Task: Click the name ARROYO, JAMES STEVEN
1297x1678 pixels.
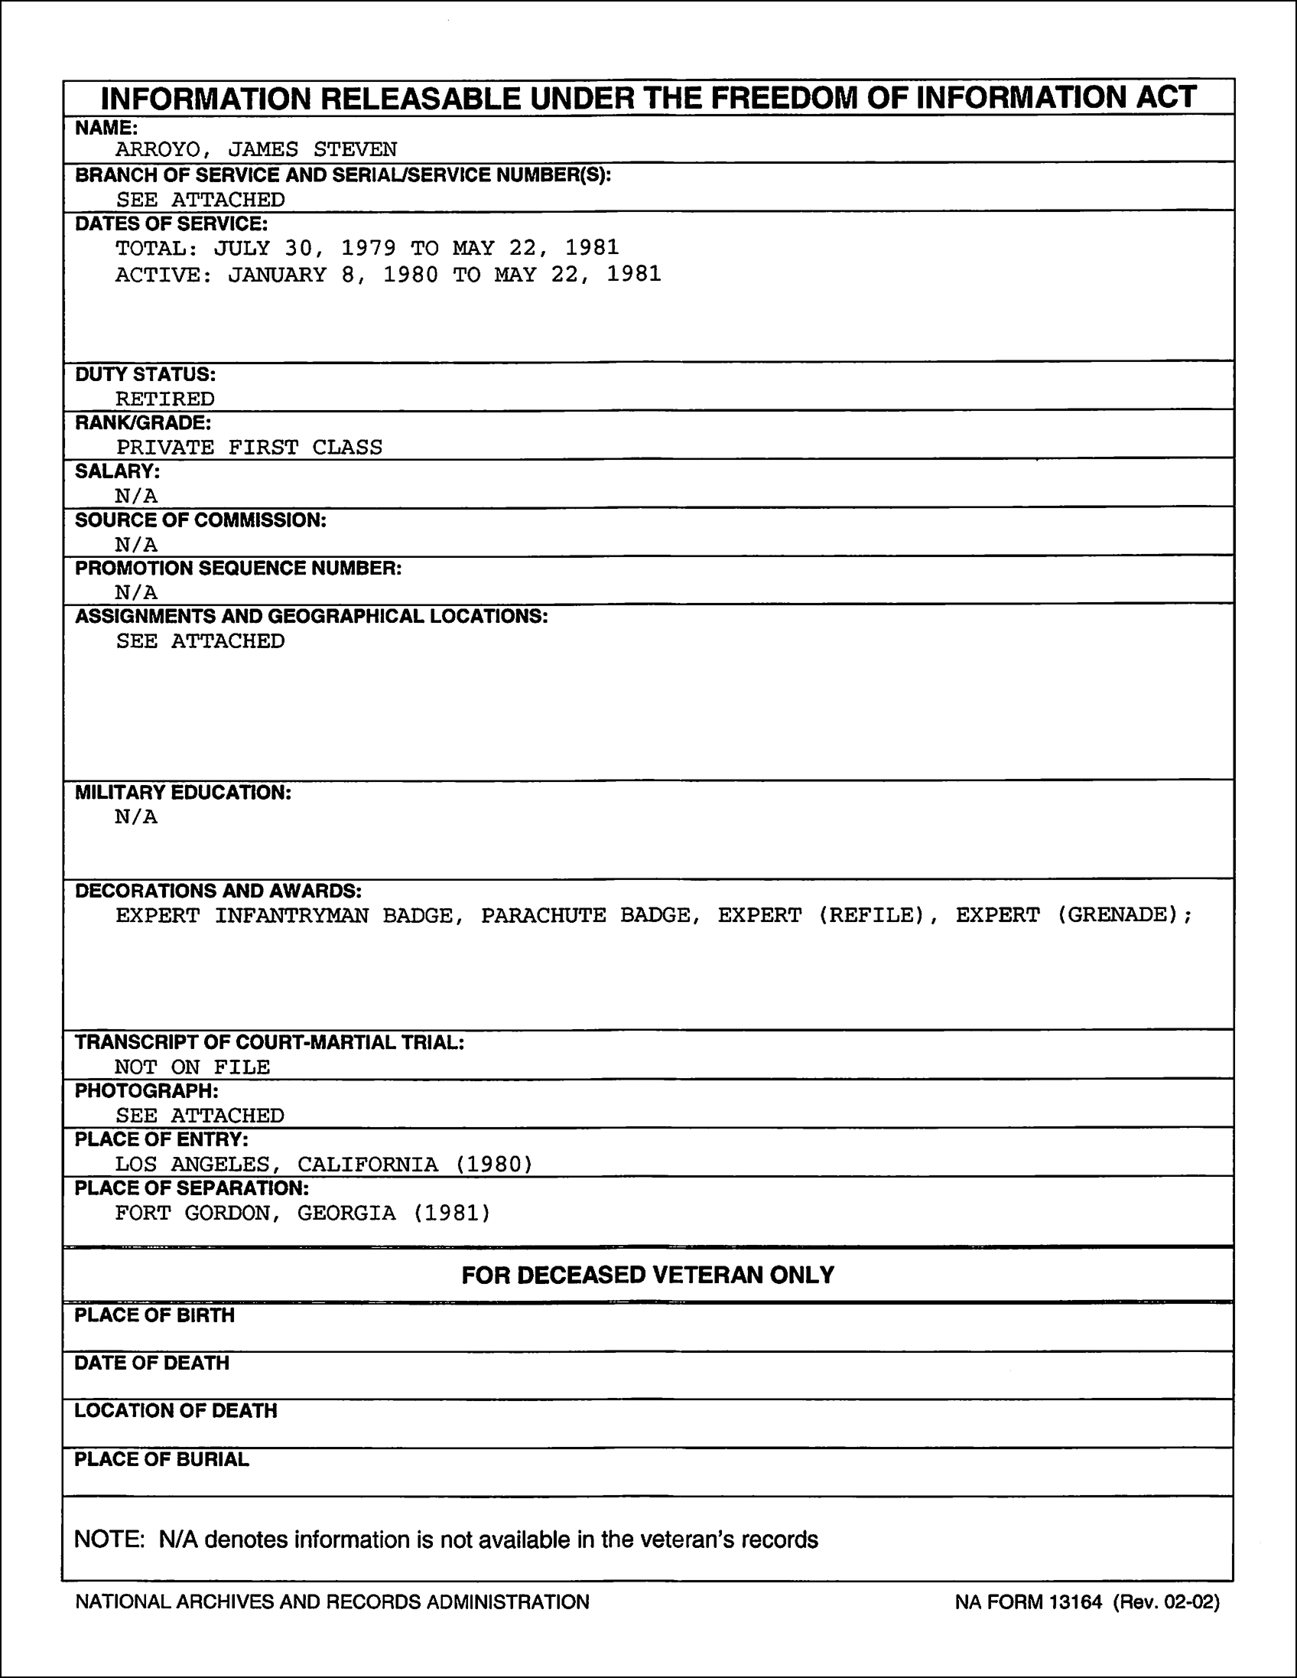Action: [255, 149]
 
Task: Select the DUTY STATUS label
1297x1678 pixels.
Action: [145, 375]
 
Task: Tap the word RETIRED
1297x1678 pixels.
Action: [165, 399]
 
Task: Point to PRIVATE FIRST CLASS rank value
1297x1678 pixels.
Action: [249, 447]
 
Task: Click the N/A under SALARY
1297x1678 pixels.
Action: [136, 496]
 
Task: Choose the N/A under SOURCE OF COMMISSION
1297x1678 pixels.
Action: [136, 545]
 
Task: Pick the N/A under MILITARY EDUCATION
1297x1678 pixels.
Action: [136, 816]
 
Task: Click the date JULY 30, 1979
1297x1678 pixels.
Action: [305, 247]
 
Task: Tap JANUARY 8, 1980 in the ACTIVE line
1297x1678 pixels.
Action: [333, 274]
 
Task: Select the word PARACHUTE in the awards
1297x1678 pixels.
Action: [543, 915]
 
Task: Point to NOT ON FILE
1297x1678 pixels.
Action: [192, 1067]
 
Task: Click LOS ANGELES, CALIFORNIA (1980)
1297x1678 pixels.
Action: [323, 1164]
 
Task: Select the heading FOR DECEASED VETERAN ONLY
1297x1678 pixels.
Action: [647, 1276]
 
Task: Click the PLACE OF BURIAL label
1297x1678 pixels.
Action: [161, 1460]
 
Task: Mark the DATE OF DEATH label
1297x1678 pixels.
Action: [152, 1363]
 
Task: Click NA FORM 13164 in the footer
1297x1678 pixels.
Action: [1029, 1602]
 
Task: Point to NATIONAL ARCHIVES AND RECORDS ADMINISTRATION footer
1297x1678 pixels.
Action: [332, 1602]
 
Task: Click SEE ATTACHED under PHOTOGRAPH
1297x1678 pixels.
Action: [200, 1115]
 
